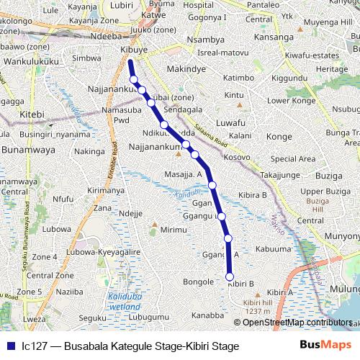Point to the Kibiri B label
pyautogui.click(x=241, y=284)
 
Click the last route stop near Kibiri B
pyautogui.click(x=230, y=276)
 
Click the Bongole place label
pyautogui.click(x=199, y=282)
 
